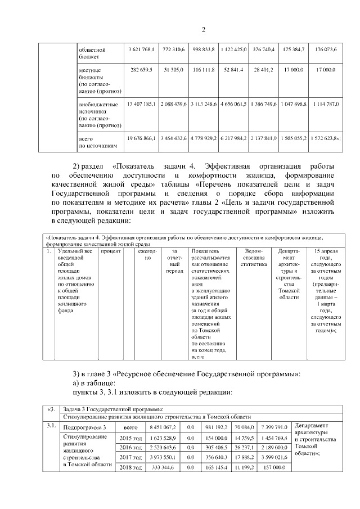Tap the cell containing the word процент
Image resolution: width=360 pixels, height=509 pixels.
111,251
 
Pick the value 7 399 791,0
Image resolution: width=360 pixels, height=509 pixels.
273,428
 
